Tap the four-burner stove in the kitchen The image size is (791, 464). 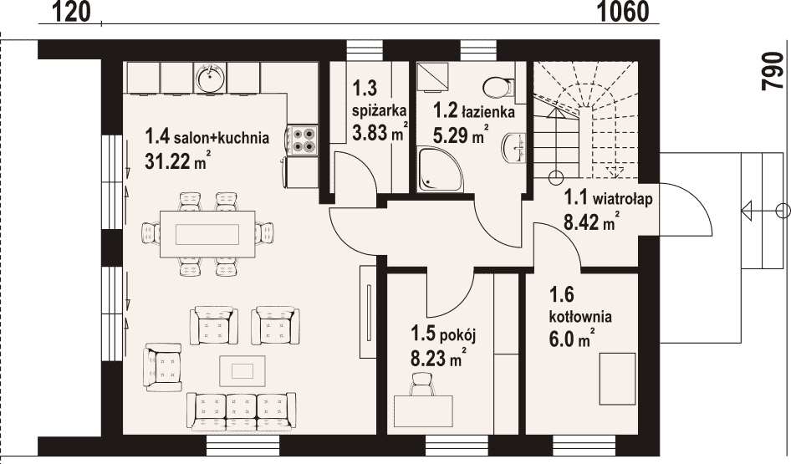click(x=303, y=140)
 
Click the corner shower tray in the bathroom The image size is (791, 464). click(x=441, y=170)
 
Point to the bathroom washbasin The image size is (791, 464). click(x=513, y=148)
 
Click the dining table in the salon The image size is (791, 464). click(x=207, y=234)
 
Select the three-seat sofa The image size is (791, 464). click(x=241, y=411)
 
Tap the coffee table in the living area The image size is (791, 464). click(x=242, y=370)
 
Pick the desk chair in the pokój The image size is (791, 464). click(x=423, y=385)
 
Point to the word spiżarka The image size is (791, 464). click(x=380, y=111)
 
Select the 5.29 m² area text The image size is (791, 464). click(x=460, y=134)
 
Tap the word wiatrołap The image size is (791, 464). click(x=622, y=199)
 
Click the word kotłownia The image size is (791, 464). click(x=580, y=317)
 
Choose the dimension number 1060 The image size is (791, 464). click(x=623, y=12)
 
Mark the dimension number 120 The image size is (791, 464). click(x=70, y=12)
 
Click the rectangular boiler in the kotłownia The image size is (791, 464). click(x=617, y=380)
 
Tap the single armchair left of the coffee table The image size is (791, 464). click(x=162, y=367)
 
